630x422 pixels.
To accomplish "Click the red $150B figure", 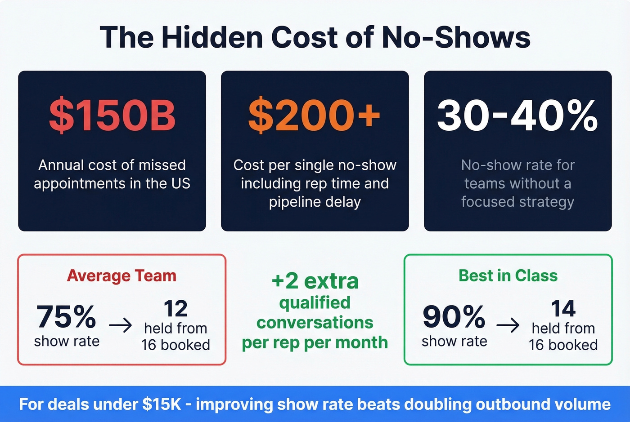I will (112, 115).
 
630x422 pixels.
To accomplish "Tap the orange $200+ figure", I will (315, 115).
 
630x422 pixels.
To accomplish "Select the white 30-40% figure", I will (517, 115).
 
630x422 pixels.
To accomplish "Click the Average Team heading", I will (121, 275).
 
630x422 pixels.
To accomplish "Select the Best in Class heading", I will (508, 275).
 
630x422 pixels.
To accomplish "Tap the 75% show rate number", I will (66, 316).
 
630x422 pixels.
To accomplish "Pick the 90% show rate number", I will (454, 316).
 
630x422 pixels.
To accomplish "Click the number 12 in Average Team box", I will (175, 309).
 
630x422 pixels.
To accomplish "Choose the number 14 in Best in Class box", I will (563, 309).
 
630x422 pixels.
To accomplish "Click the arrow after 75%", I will (121, 325).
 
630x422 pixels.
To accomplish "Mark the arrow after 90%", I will (508, 325).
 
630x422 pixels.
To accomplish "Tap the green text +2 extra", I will (315, 281).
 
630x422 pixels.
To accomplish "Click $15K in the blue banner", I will (162, 404).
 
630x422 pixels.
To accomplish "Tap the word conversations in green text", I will (315, 322).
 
